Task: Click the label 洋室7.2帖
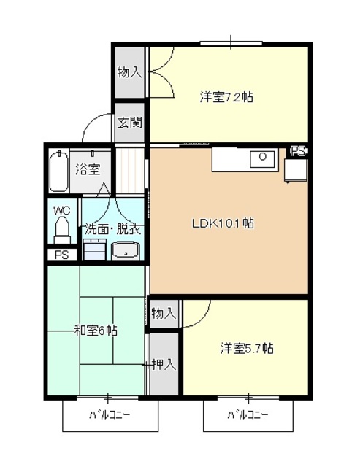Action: (x=226, y=96)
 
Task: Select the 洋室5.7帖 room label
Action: (x=247, y=348)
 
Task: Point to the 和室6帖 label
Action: (x=96, y=331)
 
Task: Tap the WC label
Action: (x=61, y=210)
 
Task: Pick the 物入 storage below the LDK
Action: (x=164, y=313)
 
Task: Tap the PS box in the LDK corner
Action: (x=298, y=152)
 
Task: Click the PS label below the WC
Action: (x=61, y=255)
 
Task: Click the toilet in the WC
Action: (x=62, y=231)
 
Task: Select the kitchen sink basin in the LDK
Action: (x=261, y=158)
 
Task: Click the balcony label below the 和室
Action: (x=110, y=415)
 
